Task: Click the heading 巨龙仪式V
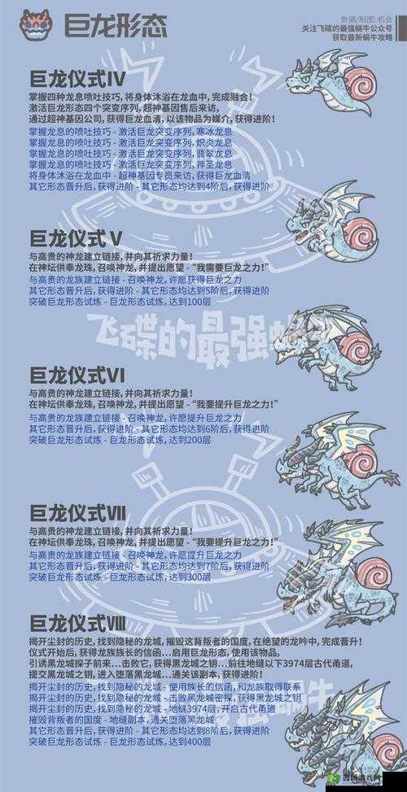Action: click(x=77, y=238)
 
